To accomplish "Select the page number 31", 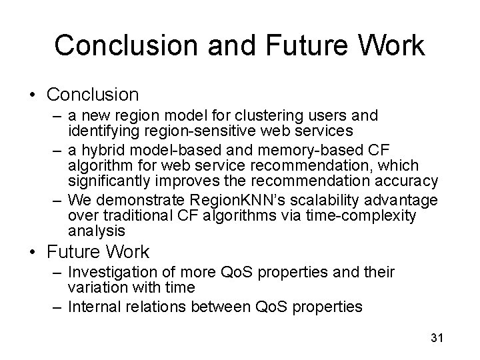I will coord(437,338).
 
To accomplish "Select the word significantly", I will coord(111,181).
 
